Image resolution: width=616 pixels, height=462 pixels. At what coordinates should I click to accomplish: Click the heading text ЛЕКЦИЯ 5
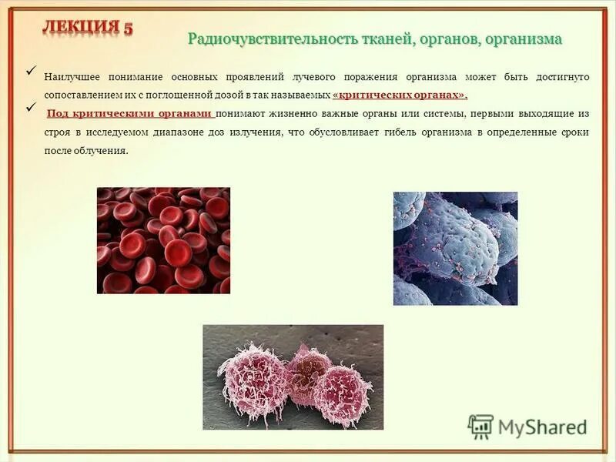87,27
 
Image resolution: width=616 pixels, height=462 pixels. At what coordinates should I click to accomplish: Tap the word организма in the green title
523,39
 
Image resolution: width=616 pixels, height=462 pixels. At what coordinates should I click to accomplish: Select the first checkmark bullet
32,72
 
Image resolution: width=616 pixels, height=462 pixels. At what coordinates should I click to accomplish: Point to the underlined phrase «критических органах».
400,95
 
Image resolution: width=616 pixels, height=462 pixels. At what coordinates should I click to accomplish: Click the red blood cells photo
163,240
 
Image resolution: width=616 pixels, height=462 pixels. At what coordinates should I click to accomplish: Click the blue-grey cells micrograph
455,249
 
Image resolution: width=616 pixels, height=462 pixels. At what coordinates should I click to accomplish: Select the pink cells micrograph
293,377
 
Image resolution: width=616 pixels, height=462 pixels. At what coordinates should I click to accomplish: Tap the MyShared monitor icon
480,427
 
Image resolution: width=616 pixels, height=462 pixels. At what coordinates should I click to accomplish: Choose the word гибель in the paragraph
428,132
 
